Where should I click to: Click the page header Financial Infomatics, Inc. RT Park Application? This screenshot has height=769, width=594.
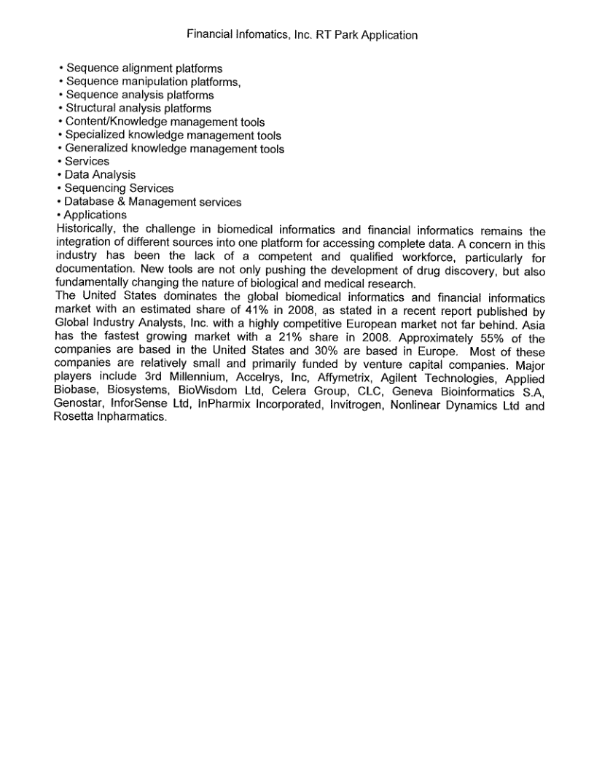302,34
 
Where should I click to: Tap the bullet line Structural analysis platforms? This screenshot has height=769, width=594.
138,109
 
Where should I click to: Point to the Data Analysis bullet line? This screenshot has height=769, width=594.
100,175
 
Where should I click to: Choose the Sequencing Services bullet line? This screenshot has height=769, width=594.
119,188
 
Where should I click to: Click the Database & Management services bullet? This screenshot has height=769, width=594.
153,202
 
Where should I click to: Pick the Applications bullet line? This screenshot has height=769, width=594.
95,215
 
